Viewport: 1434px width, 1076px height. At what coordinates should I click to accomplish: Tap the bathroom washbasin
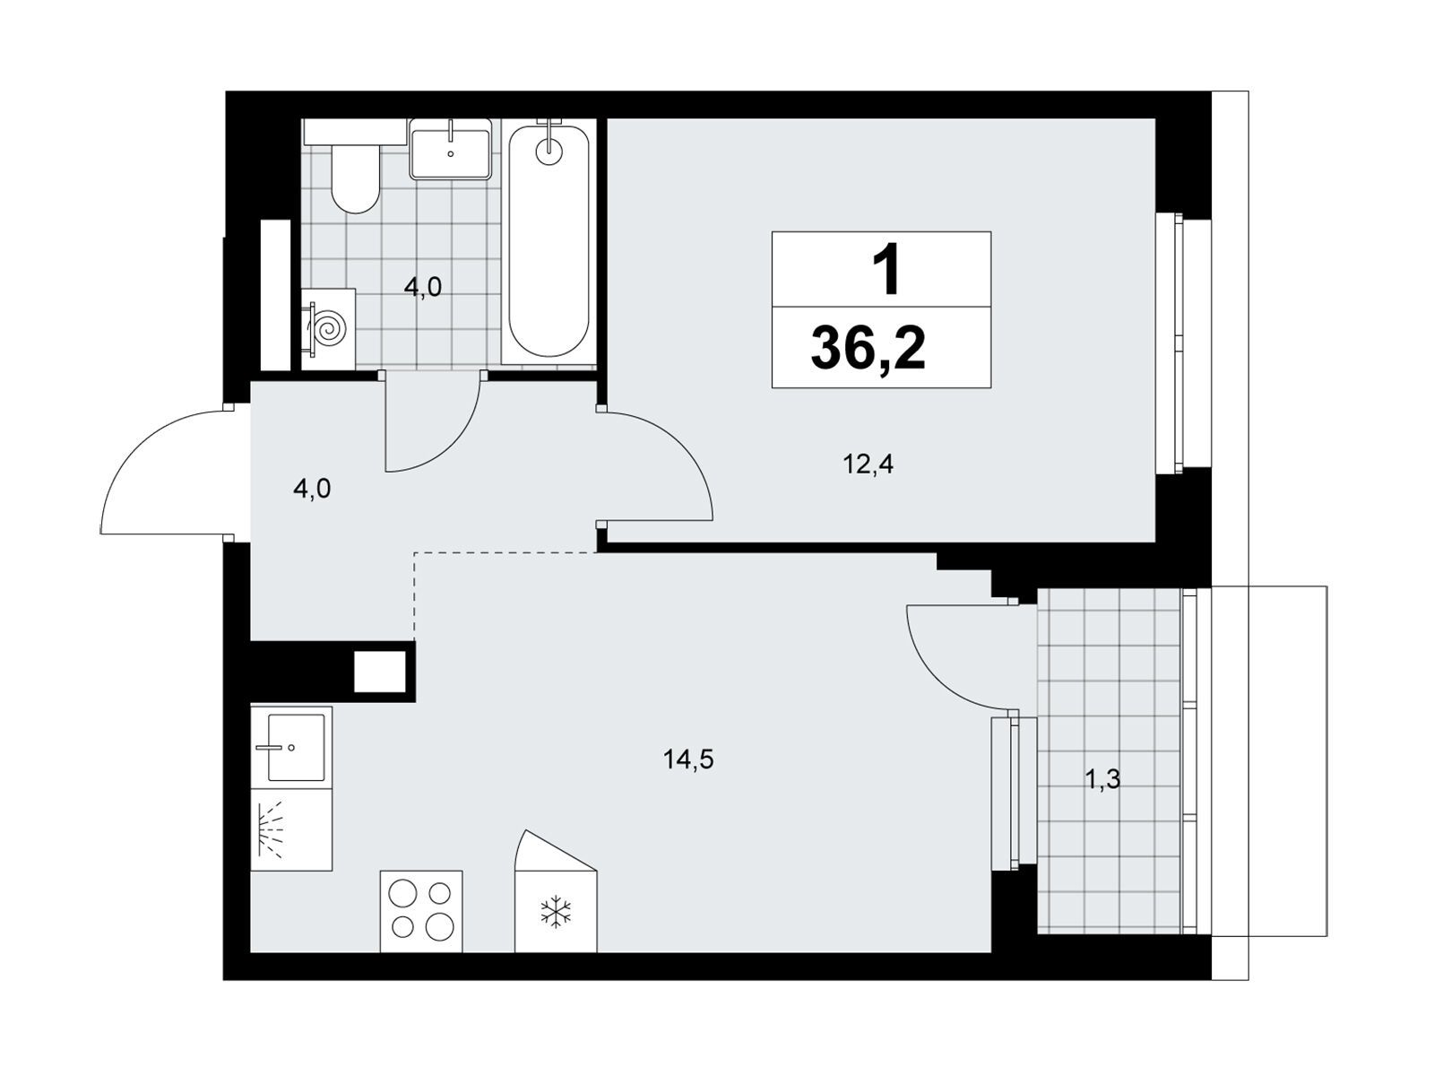(x=450, y=149)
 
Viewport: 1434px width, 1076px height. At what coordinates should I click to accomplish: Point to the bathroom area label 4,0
(x=423, y=287)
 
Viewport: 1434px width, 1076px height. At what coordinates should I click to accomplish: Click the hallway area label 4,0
(x=312, y=488)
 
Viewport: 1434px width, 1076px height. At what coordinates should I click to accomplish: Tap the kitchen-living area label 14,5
(x=688, y=759)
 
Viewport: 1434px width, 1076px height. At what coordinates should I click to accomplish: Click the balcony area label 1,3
(x=1102, y=778)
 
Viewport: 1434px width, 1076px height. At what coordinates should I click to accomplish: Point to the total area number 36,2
(x=868, y=348)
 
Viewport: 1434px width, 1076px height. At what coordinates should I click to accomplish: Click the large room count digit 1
(x=885, y=268)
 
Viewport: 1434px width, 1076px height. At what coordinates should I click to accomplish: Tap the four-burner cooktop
(x=421, y=911)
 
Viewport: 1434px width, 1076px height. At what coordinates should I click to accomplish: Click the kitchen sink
(x=291, y=746)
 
